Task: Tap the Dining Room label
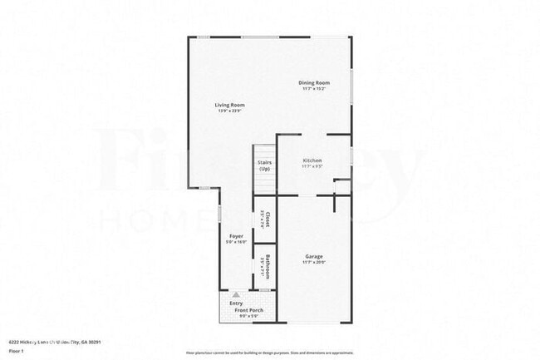pyautogui.click(x=315, y=82)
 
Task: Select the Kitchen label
pyautogui.click(x=312, y=160)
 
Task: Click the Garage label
pyautogui.click(x=313, y=256)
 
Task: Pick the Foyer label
pyautogui.click(x=236, y=237)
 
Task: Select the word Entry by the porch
pyautogui.click(x=236, y=303)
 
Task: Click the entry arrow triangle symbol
pyautogui.click(x=237, y=294)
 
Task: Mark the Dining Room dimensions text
pyautogui.click(x=315, y=89)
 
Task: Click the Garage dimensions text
pyautogui.click(x=313, y=263)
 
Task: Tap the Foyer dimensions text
pyautogui.click(x=236, y=243)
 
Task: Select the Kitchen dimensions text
pyautogui.click(x=312, y=166)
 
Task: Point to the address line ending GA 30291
pyautogui.click(x=60, y=342)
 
